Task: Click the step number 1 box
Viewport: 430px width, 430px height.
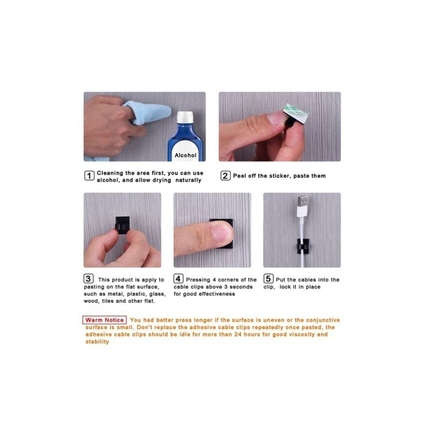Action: [x=89, y=176]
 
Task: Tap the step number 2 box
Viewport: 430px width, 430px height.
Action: [x=225, y=176]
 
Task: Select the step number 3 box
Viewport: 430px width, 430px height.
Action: [x=88, y=279]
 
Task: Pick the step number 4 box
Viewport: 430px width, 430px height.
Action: [x=178, y=279]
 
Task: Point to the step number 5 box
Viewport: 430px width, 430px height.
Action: [x=268, y=279]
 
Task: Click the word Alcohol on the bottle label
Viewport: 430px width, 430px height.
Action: [x=185, y=155]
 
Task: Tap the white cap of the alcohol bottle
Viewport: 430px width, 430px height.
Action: [x=185, y=117]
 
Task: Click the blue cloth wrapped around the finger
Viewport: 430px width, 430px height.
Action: [x=149, y=112]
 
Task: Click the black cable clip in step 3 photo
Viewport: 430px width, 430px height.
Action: [x=123, y=225]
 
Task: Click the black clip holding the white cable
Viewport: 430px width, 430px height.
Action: [x=303, y=246]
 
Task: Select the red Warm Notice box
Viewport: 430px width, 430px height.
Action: [x=104, y=320]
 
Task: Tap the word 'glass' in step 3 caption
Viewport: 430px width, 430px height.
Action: [x=157, y=294]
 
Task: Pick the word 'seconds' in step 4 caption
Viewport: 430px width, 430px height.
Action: [x=241, y=287]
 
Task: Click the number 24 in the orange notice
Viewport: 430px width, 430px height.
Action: [x=238, y=334]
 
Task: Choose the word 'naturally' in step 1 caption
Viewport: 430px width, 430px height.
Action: [x=189, y=180]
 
